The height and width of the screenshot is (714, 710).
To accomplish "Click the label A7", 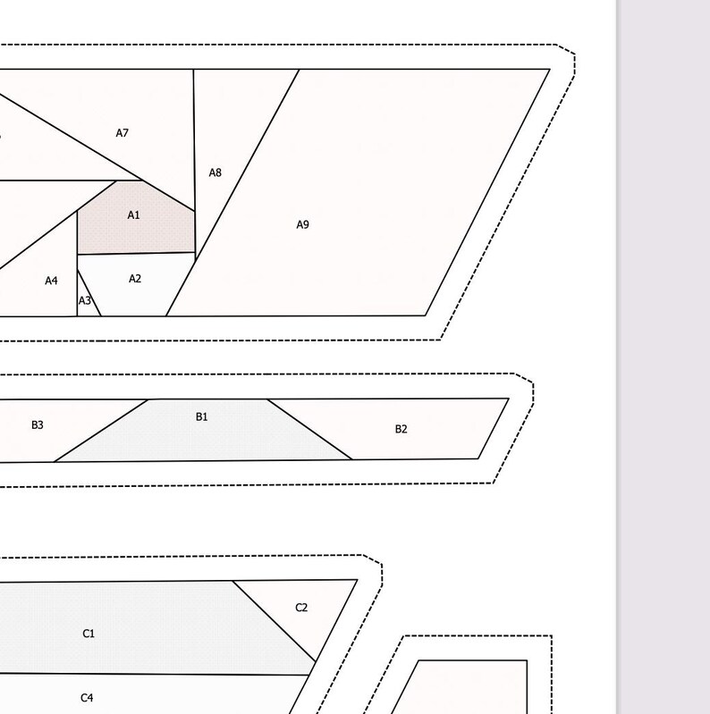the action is pyautogui.click(x=123, y=133).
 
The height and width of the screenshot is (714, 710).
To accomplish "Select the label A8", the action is pyautogui.click(x=216, y=172).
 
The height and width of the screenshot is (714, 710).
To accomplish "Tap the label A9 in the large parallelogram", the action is pyautogui.click(x=302, y=224).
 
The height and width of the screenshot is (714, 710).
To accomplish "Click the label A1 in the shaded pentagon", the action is pyautogui.click(x=133, y=215).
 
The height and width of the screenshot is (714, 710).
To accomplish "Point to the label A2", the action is pyautogui.click(x=135, y=279).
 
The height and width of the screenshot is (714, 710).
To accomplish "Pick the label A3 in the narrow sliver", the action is pyautogui.click(x=85, y=300).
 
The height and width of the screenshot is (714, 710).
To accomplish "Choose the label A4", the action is pyautogui.click(x=52, y=281).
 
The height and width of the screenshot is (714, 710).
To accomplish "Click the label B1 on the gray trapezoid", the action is pyautogui.click(x=201, y=416).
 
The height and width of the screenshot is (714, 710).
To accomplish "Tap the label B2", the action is pyautogui.click(x=401, y=429).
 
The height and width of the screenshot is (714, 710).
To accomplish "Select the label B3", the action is pyautogui.click(x=38, y=424).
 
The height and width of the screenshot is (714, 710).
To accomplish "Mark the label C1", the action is pyautogui.click(x=89, y=634).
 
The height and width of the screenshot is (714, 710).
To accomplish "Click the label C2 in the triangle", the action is pyautogui.click(x=301, y=608).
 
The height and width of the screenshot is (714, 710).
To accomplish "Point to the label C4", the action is pyautogui.click(x=87, y=698).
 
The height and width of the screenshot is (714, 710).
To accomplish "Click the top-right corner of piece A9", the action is pyautogui.click(x=550, y=69).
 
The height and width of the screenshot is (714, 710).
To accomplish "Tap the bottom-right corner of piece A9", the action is pyautogui.click(x=426, y=315).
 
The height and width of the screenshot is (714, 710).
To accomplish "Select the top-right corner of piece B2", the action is pyautogui.click(x=509, y=399).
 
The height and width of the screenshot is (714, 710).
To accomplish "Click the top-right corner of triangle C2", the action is pyautogui.click(x=358, y=580).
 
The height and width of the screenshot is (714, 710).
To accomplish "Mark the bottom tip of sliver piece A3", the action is pyautogui.click(x=101, y=316).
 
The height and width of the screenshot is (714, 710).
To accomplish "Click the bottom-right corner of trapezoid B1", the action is pyautogui.click(x=352, y=459).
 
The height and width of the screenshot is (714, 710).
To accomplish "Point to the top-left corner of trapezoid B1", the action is pyautogui.click(x=148, y=399).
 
